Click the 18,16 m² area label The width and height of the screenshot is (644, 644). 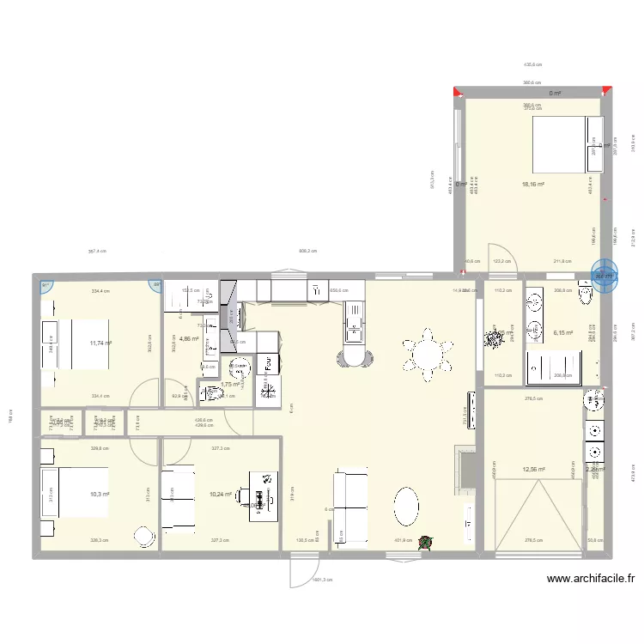533,184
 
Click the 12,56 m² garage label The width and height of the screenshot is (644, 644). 533,470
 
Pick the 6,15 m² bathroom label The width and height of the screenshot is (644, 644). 563,333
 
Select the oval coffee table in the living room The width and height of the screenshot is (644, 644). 406,506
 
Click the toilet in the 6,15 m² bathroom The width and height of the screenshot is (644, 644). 586,296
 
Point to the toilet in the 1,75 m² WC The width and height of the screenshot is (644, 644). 213,394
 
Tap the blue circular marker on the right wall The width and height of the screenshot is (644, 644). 605,276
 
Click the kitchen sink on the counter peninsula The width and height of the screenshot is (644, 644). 353,325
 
